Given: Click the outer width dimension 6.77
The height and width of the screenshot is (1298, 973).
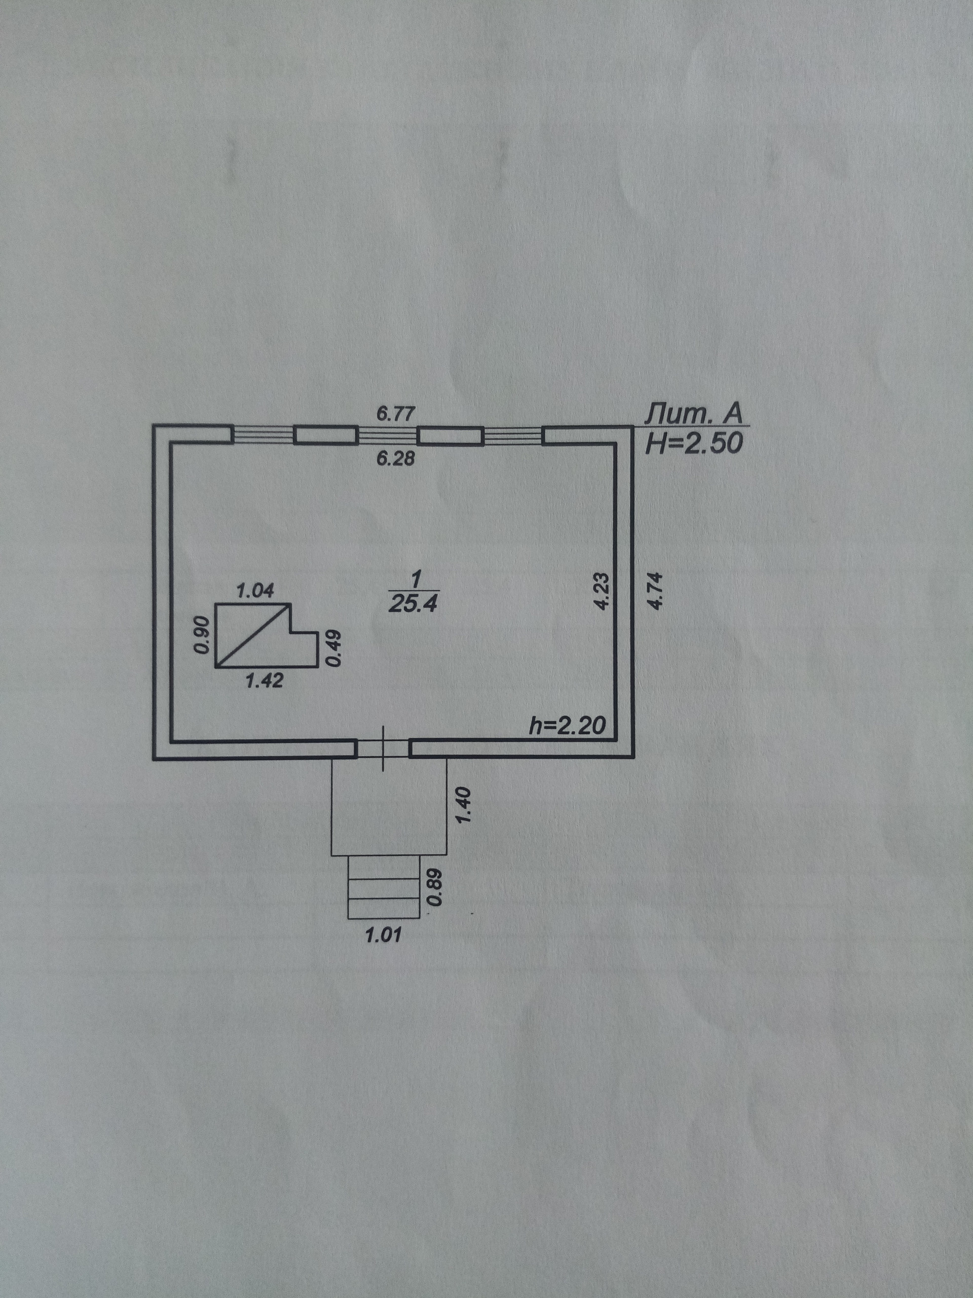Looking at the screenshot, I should tap(395, 414).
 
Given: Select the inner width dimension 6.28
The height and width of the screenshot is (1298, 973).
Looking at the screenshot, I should tap(395, 458).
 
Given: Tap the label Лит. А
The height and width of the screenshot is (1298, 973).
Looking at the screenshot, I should tap(693, 414).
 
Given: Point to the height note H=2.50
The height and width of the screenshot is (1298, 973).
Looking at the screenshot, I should tap(693, 444).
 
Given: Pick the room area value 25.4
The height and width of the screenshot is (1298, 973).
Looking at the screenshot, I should tap(413, 603).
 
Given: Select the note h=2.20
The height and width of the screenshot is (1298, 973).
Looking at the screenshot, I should tap(567, 727).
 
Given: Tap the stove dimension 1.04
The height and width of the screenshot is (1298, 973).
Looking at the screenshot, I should tap(254, 590).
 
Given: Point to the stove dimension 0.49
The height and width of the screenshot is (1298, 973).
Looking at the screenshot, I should tap(332, 648).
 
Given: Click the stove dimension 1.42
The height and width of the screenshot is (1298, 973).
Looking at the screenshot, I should tap(264, 680).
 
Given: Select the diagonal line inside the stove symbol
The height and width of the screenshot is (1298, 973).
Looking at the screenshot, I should tap(253, 635).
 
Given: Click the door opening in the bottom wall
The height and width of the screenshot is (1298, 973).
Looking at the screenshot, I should tap(383, 748).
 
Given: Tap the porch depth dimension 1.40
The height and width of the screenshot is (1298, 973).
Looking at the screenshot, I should tap(463, 805).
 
